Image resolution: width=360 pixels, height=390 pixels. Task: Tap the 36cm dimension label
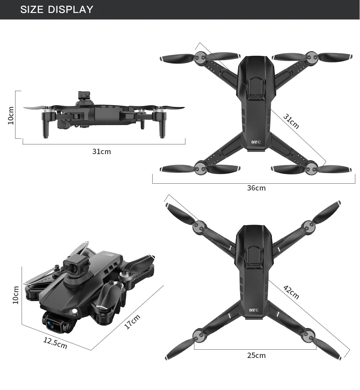click(x=256, y=188)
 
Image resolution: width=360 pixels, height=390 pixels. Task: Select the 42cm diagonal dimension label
click(x=291, y=292)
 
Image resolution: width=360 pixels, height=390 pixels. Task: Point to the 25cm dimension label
click(x=256, y=355)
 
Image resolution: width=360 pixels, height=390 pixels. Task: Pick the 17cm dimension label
click(x=132, y=322)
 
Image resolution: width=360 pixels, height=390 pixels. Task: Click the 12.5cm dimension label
click(x=55, y=343)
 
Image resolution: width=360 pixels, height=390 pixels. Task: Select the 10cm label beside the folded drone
click(x=15, y=295)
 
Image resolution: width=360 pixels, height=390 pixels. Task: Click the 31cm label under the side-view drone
click(x=102, y=152)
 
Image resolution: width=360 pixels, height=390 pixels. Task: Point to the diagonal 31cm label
click(x=291, y=121)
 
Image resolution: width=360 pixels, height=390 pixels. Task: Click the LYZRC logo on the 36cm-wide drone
click(x=256, y=142)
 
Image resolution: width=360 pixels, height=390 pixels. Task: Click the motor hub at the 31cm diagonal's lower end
click(x=311, y=167)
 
